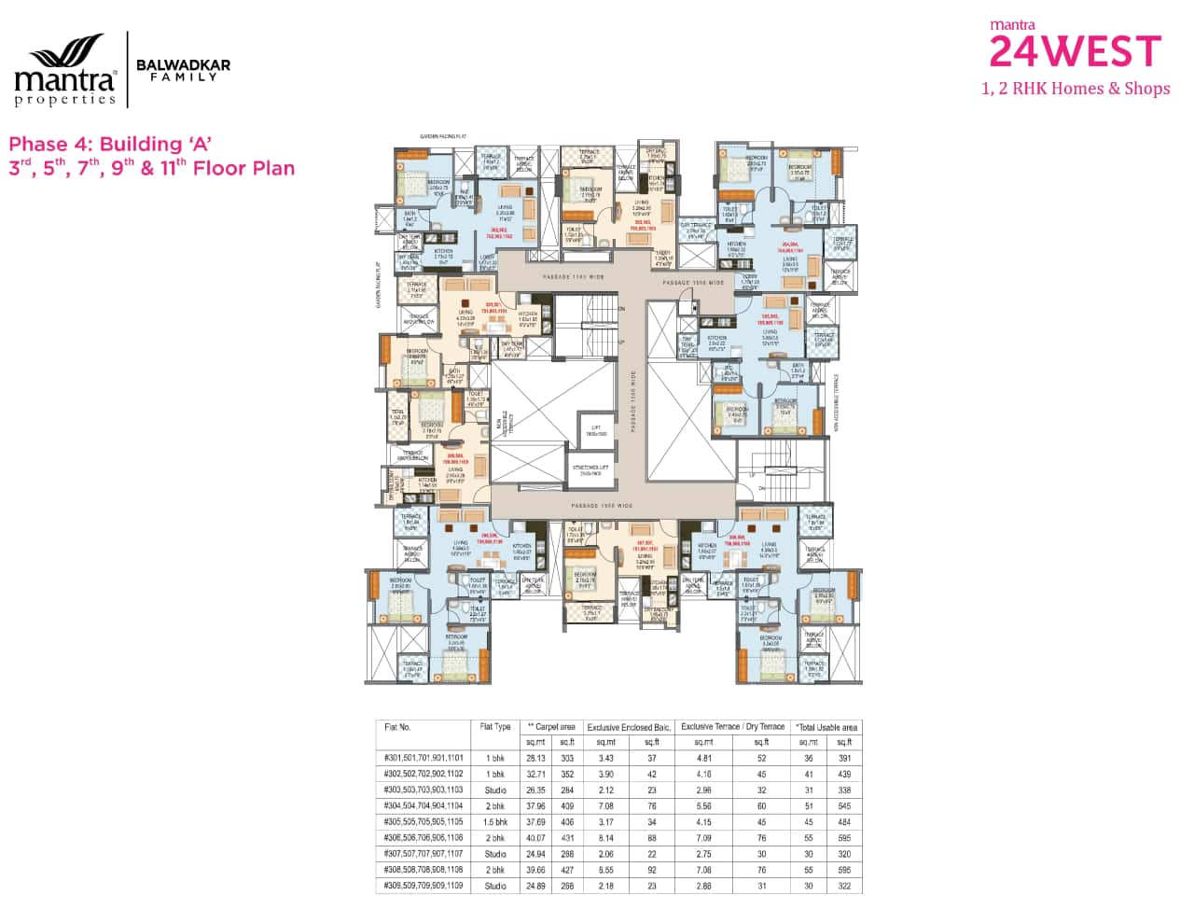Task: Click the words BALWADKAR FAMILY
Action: [x=183, y=70]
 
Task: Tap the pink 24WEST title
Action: [x=1075, y=51]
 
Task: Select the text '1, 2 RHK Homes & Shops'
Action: [x=1076, y=89]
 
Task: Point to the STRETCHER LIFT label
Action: [x=590, y=469]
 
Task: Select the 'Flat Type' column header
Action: [x=495, y=727]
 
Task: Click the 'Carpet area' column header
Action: [x=551, y=727]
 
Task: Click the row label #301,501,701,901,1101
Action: [x=423, y=759]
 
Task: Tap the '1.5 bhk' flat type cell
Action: [x=495, y=822]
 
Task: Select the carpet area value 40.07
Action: [x=535, y=838]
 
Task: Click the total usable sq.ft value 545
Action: [x=843, y=806]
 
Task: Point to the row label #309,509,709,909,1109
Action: [x=423, y=886]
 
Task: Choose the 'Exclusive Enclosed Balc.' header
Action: [x=629, y=727]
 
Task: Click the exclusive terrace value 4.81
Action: [x=704, y=759]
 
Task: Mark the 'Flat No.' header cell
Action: [x=398, y=727]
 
